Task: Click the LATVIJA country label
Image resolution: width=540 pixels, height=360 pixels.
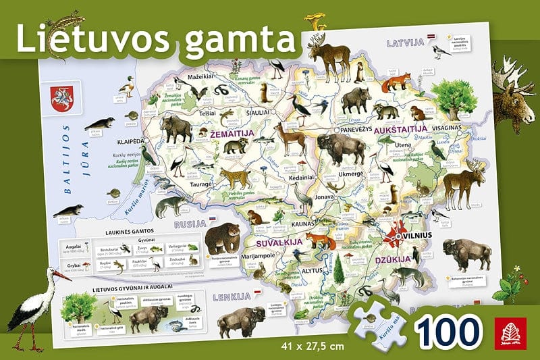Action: pos(404,43)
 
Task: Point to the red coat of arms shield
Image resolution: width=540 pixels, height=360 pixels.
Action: pos(61,97)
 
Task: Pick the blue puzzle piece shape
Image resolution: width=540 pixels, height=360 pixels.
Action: pos(378,323)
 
